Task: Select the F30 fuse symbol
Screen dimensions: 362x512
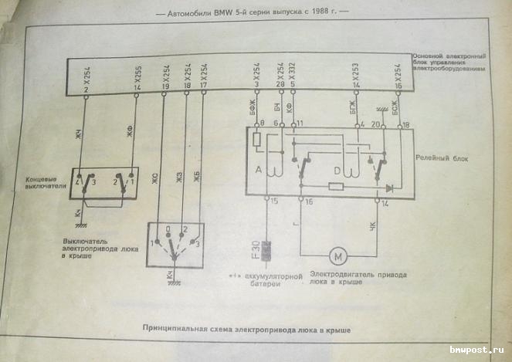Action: click(x=269, y=252)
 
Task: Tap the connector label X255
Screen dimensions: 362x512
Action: click(x=137, y=75)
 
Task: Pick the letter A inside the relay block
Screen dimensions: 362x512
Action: click(x=259, y=168)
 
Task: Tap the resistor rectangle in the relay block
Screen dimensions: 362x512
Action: click(x=335, y=187)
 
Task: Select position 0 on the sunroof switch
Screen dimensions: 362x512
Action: click(x=168, y=229)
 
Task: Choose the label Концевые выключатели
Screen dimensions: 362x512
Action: click(x=40, y=184)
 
